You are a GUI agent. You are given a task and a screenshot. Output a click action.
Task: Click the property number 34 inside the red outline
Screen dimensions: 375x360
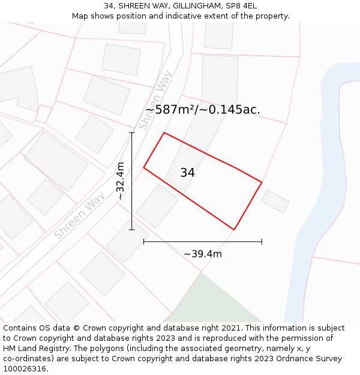point(187,173)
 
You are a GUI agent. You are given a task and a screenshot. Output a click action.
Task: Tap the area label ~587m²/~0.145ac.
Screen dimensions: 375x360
point(203,110)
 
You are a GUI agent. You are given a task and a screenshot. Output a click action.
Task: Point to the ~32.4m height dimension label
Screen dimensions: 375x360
point(121,181)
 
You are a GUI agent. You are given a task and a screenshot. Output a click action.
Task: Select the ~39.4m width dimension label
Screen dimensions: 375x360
point(203,254)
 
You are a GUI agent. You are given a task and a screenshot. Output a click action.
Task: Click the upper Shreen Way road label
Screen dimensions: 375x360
point(151,103)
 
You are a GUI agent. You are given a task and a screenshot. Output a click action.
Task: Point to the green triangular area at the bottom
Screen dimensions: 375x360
point(210,303)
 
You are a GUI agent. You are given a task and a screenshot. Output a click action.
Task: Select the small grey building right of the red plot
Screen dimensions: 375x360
point(275,201)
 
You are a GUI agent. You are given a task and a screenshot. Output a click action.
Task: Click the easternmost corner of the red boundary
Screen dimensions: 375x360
point(262,182)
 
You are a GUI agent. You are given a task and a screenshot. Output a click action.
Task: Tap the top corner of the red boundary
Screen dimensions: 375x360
point(164,133)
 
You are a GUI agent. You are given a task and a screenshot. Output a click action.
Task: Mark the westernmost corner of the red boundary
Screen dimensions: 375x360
point(144,167)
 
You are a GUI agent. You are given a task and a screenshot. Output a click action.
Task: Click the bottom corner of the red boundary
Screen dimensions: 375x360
point(234,229)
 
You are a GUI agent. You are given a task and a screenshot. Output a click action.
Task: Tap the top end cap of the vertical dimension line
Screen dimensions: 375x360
point(132,133)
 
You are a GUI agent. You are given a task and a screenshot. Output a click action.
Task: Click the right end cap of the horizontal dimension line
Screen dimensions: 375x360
point(262,242)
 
